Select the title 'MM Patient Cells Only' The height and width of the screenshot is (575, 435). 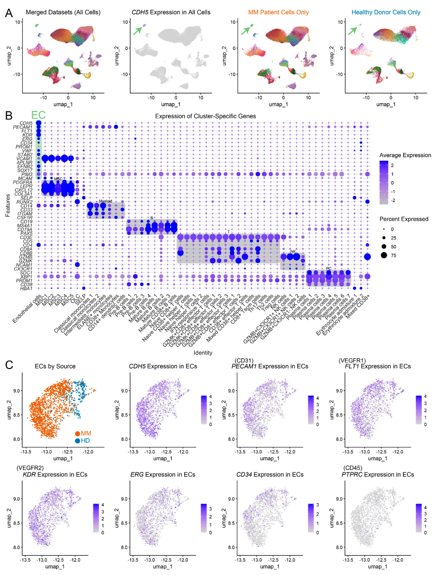tap(278, 12)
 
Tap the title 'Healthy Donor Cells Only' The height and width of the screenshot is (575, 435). tap(386, 12)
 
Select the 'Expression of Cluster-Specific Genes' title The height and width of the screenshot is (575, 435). tap(205, 116)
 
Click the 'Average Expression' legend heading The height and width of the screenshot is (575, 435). tap(405, 155)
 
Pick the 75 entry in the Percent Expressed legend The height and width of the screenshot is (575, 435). tap(393, 256)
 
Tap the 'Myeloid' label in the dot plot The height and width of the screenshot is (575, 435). tap(105, 201)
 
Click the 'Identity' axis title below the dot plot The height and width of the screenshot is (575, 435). tap(203, 353)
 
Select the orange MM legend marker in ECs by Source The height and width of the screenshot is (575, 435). tap(77, 433)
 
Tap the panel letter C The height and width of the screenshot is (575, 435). tap(9, 365)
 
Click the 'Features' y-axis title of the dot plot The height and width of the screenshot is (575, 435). tap(8, 205)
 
